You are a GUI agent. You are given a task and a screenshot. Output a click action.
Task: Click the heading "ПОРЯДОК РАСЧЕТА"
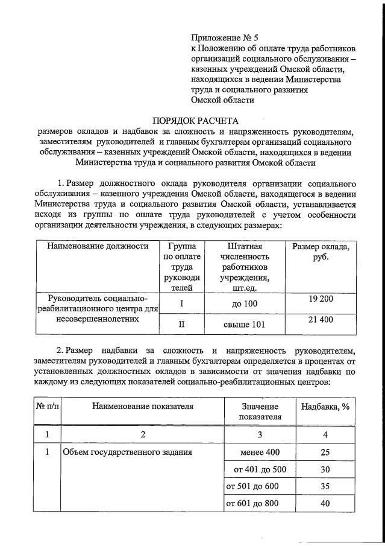pos(192,119)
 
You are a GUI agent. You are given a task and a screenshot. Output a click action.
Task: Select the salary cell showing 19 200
pos(321,299)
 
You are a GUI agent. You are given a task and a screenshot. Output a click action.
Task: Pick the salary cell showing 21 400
pos(321,320)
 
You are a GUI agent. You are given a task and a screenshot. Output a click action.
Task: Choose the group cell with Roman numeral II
pos(181,325)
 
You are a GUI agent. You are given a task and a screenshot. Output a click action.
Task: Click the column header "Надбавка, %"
pos(325,406)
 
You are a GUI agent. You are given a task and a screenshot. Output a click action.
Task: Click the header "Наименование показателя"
pos(143,406)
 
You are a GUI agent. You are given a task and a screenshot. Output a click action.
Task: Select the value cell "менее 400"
pos(260,451)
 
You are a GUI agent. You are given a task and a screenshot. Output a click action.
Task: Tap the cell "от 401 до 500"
pos(260,469)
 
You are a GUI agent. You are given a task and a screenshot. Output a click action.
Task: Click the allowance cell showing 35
pos(325,486)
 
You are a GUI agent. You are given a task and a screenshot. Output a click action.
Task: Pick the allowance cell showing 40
pos(325,503)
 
